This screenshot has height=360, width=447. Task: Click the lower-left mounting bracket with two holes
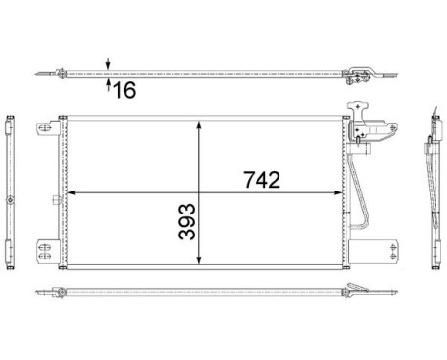[x=43, y=250]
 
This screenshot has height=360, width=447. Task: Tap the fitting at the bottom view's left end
[x=63, y=293]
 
